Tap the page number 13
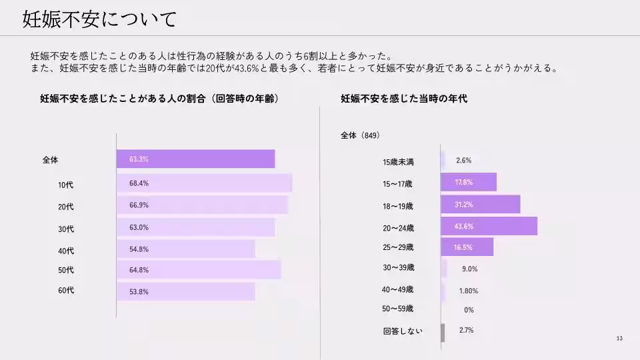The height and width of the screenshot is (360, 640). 619,339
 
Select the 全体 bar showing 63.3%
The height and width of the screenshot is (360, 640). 195,159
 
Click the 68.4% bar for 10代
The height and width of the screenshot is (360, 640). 204,183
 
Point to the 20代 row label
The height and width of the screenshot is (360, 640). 66,207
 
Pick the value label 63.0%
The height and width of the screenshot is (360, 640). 139,227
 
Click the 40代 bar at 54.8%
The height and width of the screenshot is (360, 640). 185,249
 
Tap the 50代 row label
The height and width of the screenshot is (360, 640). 66,270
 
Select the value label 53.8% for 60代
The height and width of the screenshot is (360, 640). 139,291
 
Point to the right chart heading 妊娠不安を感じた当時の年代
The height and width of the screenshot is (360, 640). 404,98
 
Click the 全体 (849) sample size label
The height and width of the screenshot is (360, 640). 360,135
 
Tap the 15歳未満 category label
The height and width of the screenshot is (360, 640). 399,161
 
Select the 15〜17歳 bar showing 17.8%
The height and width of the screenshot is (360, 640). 469,182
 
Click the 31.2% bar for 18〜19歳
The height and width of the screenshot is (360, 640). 481,204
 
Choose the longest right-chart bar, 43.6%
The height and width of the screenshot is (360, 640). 489,226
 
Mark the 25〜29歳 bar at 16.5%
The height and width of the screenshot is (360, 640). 467,247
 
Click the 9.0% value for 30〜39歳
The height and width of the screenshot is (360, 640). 469,269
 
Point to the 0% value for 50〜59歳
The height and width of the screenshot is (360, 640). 469,310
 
